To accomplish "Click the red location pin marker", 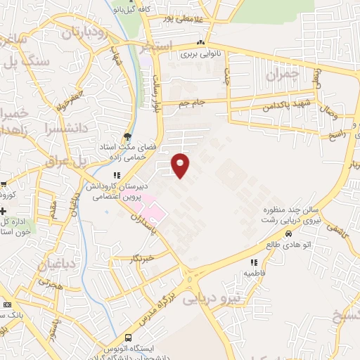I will (x=181, y=165).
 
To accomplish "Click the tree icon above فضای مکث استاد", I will (x=127, y=136).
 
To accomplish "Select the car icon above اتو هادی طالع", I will (x=288, y=233).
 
